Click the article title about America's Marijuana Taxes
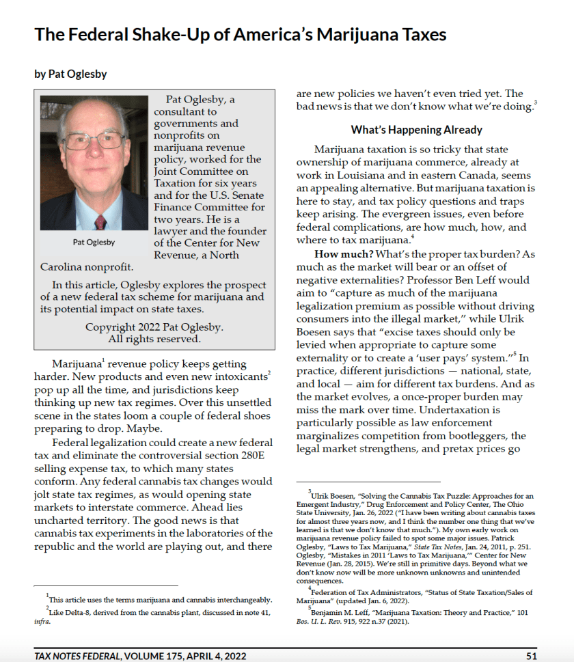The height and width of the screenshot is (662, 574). [241, 34]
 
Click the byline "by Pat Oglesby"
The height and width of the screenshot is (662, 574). [70, 74]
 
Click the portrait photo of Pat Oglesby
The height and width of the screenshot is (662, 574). [94, 163]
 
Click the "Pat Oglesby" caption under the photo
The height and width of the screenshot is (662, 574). [94, 242]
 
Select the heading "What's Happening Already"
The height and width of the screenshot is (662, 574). [416, 130]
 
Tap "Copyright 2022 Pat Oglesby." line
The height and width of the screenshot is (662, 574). [154, 327]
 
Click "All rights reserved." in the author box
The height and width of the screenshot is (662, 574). [154, 339]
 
